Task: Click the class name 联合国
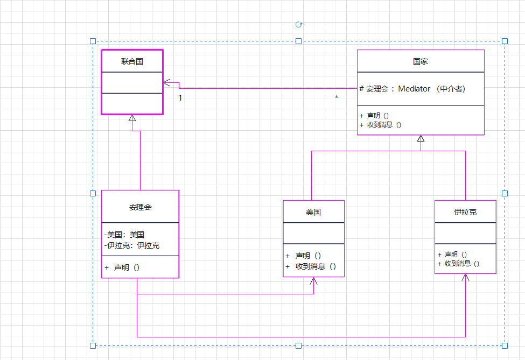(132, 61)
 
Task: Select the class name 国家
(421, 61)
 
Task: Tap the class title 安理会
(140, 207)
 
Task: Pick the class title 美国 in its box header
(313, 212)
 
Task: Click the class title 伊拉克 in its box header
(465, 212)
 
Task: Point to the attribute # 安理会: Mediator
(412, 89)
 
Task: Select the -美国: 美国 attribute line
(124, 235)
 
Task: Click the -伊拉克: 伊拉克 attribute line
(132, 245)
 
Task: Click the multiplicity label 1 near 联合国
(180, 98)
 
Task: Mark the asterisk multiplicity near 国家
(337, 97)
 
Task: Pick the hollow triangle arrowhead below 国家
(421, 139)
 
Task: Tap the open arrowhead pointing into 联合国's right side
(167, 83)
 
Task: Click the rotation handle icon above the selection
(299, 24)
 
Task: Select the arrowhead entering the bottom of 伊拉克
(466, 277)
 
